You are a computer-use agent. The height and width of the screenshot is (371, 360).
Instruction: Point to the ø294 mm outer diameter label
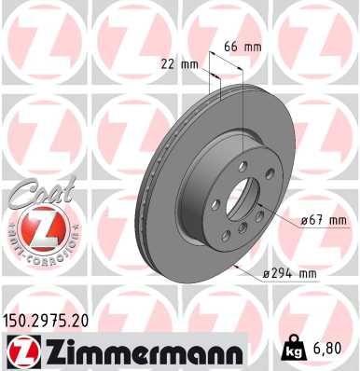[291, 273]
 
